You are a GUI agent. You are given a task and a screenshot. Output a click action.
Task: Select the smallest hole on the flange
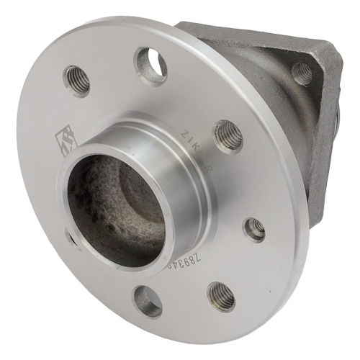(254, 229)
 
